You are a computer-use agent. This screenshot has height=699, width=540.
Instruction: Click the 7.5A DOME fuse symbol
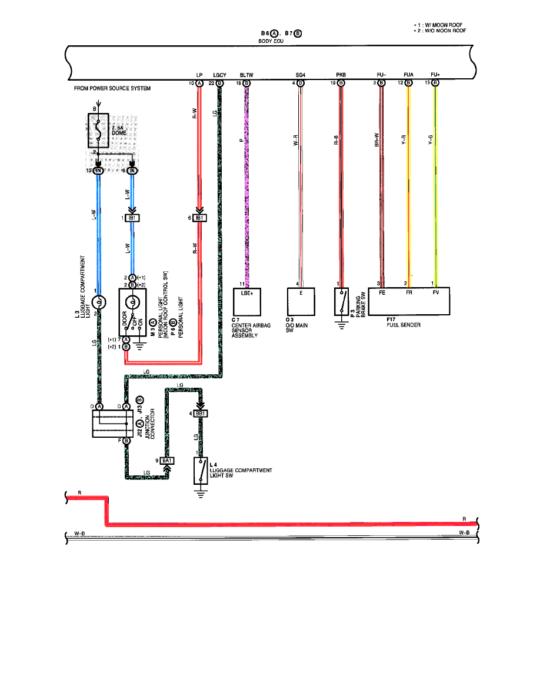[x=97, y=130]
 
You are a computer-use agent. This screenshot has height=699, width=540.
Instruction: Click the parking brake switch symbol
[x=342, y=301]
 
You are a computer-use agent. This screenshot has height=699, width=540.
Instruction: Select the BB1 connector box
[x=201, y=414]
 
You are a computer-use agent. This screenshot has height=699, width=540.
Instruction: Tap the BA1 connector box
[x=167, y=460]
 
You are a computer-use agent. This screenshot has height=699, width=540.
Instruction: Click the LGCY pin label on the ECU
[x=220, y=75]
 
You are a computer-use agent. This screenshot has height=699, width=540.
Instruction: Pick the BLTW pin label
[x=246, y=75]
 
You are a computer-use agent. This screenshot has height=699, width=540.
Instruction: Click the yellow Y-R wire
[x=408, y=177]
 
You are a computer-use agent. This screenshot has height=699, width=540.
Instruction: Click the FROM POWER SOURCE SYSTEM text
[x=112, y=88]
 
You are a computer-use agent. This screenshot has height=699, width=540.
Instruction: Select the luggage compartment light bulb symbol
[x=98, y=303]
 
